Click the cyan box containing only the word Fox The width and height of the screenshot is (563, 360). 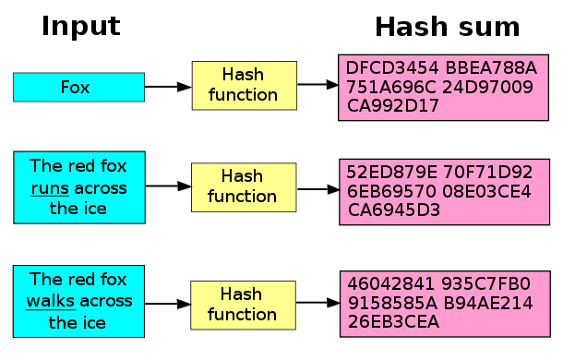[78, 87]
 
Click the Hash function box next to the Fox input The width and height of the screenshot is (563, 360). [244, 85]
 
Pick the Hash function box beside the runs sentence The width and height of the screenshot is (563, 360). [244, 186]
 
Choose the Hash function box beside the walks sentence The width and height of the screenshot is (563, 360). [244, 304]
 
